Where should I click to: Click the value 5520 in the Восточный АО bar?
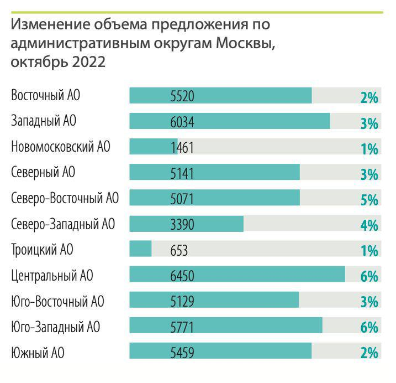click(x=182, y=96)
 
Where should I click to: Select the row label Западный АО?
click(x=45, y=122)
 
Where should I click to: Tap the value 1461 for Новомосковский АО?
click(x=182, y=148)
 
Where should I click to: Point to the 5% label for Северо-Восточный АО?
click(x=369, y=199)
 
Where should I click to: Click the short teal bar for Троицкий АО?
click(x=140, y=250)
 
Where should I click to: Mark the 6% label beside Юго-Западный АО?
click(x=369, y=327)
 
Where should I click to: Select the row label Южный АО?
click(x=38, y=353)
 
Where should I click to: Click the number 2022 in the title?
click(x=88, y=61)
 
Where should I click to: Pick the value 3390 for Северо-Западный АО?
click(x=182, y=225)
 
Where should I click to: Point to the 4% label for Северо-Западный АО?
click(x=369, y=225)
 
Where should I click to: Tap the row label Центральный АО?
click(x=52, y=276)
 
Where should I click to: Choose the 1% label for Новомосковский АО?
click(x=369, y=148)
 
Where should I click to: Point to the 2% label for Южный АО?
click(x=369, y=353)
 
